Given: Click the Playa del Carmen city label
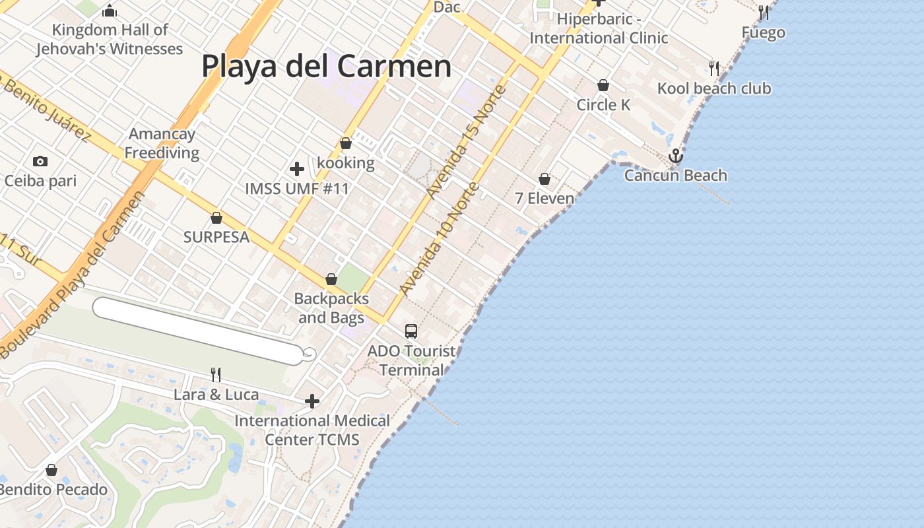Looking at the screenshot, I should click(x=326, y=67).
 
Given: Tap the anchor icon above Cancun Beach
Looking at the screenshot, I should click(x=675, y=156).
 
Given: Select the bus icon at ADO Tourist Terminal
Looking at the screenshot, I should click(x=411, y=331).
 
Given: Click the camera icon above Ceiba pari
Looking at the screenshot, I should click(x=40, y=161).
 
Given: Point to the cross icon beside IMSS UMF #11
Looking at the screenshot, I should click(x=297, y=169).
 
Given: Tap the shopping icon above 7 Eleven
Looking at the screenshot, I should click(x=544, y=179).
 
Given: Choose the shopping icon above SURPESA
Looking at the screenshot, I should click(x=216, y=218).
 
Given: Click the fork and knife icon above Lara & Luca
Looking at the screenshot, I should click(x=216, y=375).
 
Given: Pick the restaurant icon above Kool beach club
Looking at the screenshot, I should click(x=713, y=68).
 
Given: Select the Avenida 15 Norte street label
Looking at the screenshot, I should click(x=465, y=142).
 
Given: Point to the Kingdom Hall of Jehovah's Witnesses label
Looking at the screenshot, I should click(x=110, y=39).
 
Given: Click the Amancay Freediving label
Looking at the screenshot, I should click(x=162, y=143).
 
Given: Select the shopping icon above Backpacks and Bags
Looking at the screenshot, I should click(x=331, y=280).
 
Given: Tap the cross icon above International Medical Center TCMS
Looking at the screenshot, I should click(x=312, y=401).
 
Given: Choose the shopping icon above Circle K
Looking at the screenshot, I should click(x=603, y=85).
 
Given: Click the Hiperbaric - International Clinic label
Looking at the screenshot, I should click(x=599, y=28).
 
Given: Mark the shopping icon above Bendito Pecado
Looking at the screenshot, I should click(x=51, y=470).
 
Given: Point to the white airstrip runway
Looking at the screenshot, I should click(x=198, y=329).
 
